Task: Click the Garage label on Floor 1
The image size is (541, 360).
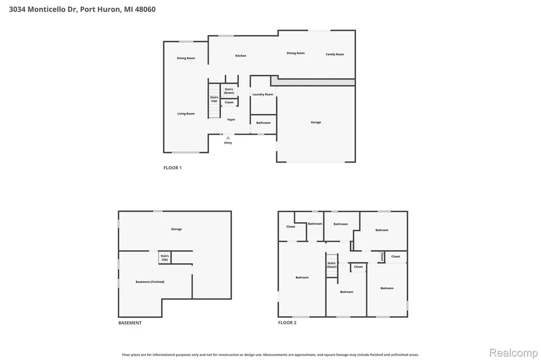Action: tap(316, 122)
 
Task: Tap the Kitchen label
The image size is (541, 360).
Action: tap(241, 55)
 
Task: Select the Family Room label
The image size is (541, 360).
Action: tap(334, 54)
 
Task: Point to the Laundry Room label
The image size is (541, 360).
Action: tap(263, 94)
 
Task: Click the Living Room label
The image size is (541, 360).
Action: tap(186, 113)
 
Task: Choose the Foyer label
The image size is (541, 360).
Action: tap(231, 120)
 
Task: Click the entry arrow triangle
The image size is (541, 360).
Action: tap(228, 138)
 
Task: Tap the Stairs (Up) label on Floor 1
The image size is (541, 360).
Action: tap(214, 99)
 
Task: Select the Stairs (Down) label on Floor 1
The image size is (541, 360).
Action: tap(229, 91)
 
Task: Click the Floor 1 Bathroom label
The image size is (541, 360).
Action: tap(263, 123)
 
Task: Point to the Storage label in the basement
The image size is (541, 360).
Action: tap(176, 229)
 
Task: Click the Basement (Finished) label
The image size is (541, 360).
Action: tap(150, 282)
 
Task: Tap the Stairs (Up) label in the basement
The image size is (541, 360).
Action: tap(165, 258)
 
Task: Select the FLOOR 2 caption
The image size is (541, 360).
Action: tap(287, 323)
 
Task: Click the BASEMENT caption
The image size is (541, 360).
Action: tap(130, 323)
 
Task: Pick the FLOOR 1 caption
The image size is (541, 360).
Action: tap(173, 167)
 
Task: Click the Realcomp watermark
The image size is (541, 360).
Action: tap(514, 353)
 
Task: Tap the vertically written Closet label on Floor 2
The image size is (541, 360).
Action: tap(382, 257)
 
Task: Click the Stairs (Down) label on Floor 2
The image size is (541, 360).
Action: tap(332, 265)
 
